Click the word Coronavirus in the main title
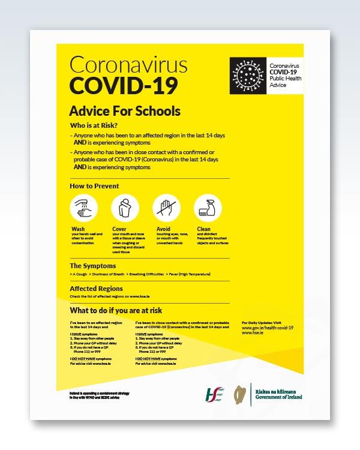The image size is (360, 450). click(128, 65)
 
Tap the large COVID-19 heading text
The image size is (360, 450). click(124, 85)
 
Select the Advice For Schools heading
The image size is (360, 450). click(125, 112)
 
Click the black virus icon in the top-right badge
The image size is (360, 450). click(247, 74)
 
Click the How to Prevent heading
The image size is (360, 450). click(94, 186)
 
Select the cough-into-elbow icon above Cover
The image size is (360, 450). click(125, 208)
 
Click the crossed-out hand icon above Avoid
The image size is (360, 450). click(166, 208)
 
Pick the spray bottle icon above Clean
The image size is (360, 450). click(208, 208)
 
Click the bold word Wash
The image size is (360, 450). click(78, 229)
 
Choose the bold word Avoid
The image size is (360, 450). click(163, 229)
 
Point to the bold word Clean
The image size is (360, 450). click(203, 229)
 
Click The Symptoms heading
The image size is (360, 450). click(93, 265)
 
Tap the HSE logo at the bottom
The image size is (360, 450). click(214, 393)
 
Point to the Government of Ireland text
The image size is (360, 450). click(278, 397)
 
